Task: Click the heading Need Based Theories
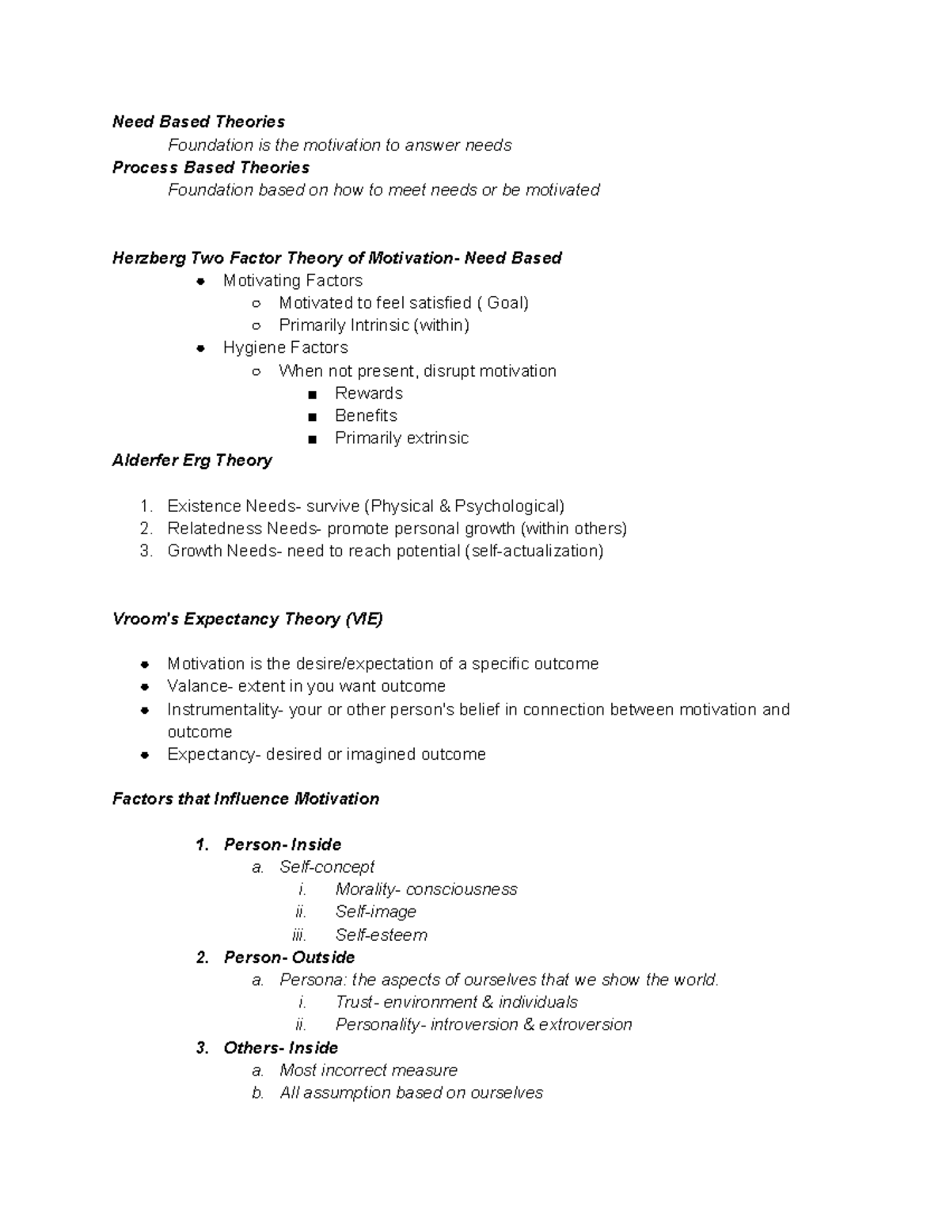point(198,122)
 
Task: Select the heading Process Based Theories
point(211,168)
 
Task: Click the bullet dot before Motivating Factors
point(201,281)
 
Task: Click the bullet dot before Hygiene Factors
point(201,348)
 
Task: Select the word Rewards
point(368,393)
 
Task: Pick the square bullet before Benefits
point(313,416)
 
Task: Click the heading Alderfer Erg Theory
point(192,461)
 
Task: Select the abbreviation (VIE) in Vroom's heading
point(363,619)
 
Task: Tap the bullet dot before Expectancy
point(145,755)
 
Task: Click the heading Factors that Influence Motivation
point(245,799)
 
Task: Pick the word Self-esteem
point(381,935)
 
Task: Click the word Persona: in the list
point(313,980)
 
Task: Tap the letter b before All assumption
point(257,1093)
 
